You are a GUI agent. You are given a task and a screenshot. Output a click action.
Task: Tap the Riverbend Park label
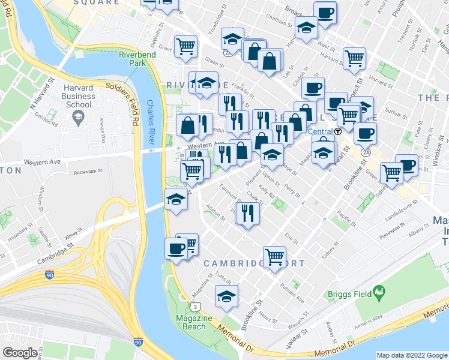[x=133, y=58]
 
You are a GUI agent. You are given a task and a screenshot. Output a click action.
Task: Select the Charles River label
[x=151, y=121]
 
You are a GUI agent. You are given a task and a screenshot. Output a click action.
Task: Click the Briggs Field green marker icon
[x=378, y=293]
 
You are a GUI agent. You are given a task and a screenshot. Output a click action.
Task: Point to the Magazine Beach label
[x=191, y=322]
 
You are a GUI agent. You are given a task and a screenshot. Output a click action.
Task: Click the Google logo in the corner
[x=20, y=353]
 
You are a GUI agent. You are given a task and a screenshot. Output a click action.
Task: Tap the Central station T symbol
[x=338, y=131]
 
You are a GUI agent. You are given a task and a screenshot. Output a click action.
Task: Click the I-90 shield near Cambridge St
[x=50, y=276]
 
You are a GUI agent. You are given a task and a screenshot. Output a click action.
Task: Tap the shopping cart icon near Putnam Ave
[x=274, y=256]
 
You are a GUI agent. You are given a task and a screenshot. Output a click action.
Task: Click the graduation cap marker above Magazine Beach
[x=226, y=295]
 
